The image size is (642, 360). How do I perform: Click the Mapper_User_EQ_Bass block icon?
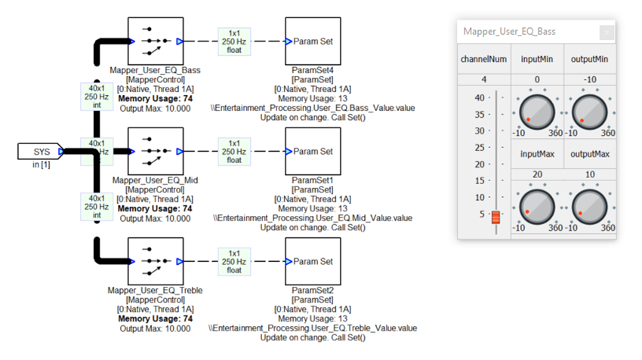click(155, 42)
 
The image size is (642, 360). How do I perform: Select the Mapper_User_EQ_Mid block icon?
click(155, 151)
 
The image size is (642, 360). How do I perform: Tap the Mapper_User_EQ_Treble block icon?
click(155, 261)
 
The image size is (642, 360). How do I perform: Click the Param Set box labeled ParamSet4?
click(313, 42)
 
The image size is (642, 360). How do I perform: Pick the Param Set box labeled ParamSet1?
click(313, 151)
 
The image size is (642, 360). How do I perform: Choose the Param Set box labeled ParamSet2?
click(313, 261)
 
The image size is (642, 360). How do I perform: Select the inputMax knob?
click(537, 205)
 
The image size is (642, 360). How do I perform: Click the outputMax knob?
click(589, 205)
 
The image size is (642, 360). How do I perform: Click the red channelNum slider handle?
click(496, 217)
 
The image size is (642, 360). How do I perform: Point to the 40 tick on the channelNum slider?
click(480, 98)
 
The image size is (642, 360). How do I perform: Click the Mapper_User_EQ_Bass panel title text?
click(509, 32)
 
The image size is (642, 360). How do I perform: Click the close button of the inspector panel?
click(606, 32)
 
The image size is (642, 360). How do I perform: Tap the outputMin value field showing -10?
click(589, 79)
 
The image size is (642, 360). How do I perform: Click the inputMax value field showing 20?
click(537, 174)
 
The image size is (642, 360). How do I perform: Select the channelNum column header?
click(483, 59)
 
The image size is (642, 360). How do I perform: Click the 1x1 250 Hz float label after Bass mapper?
click(234, 42)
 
